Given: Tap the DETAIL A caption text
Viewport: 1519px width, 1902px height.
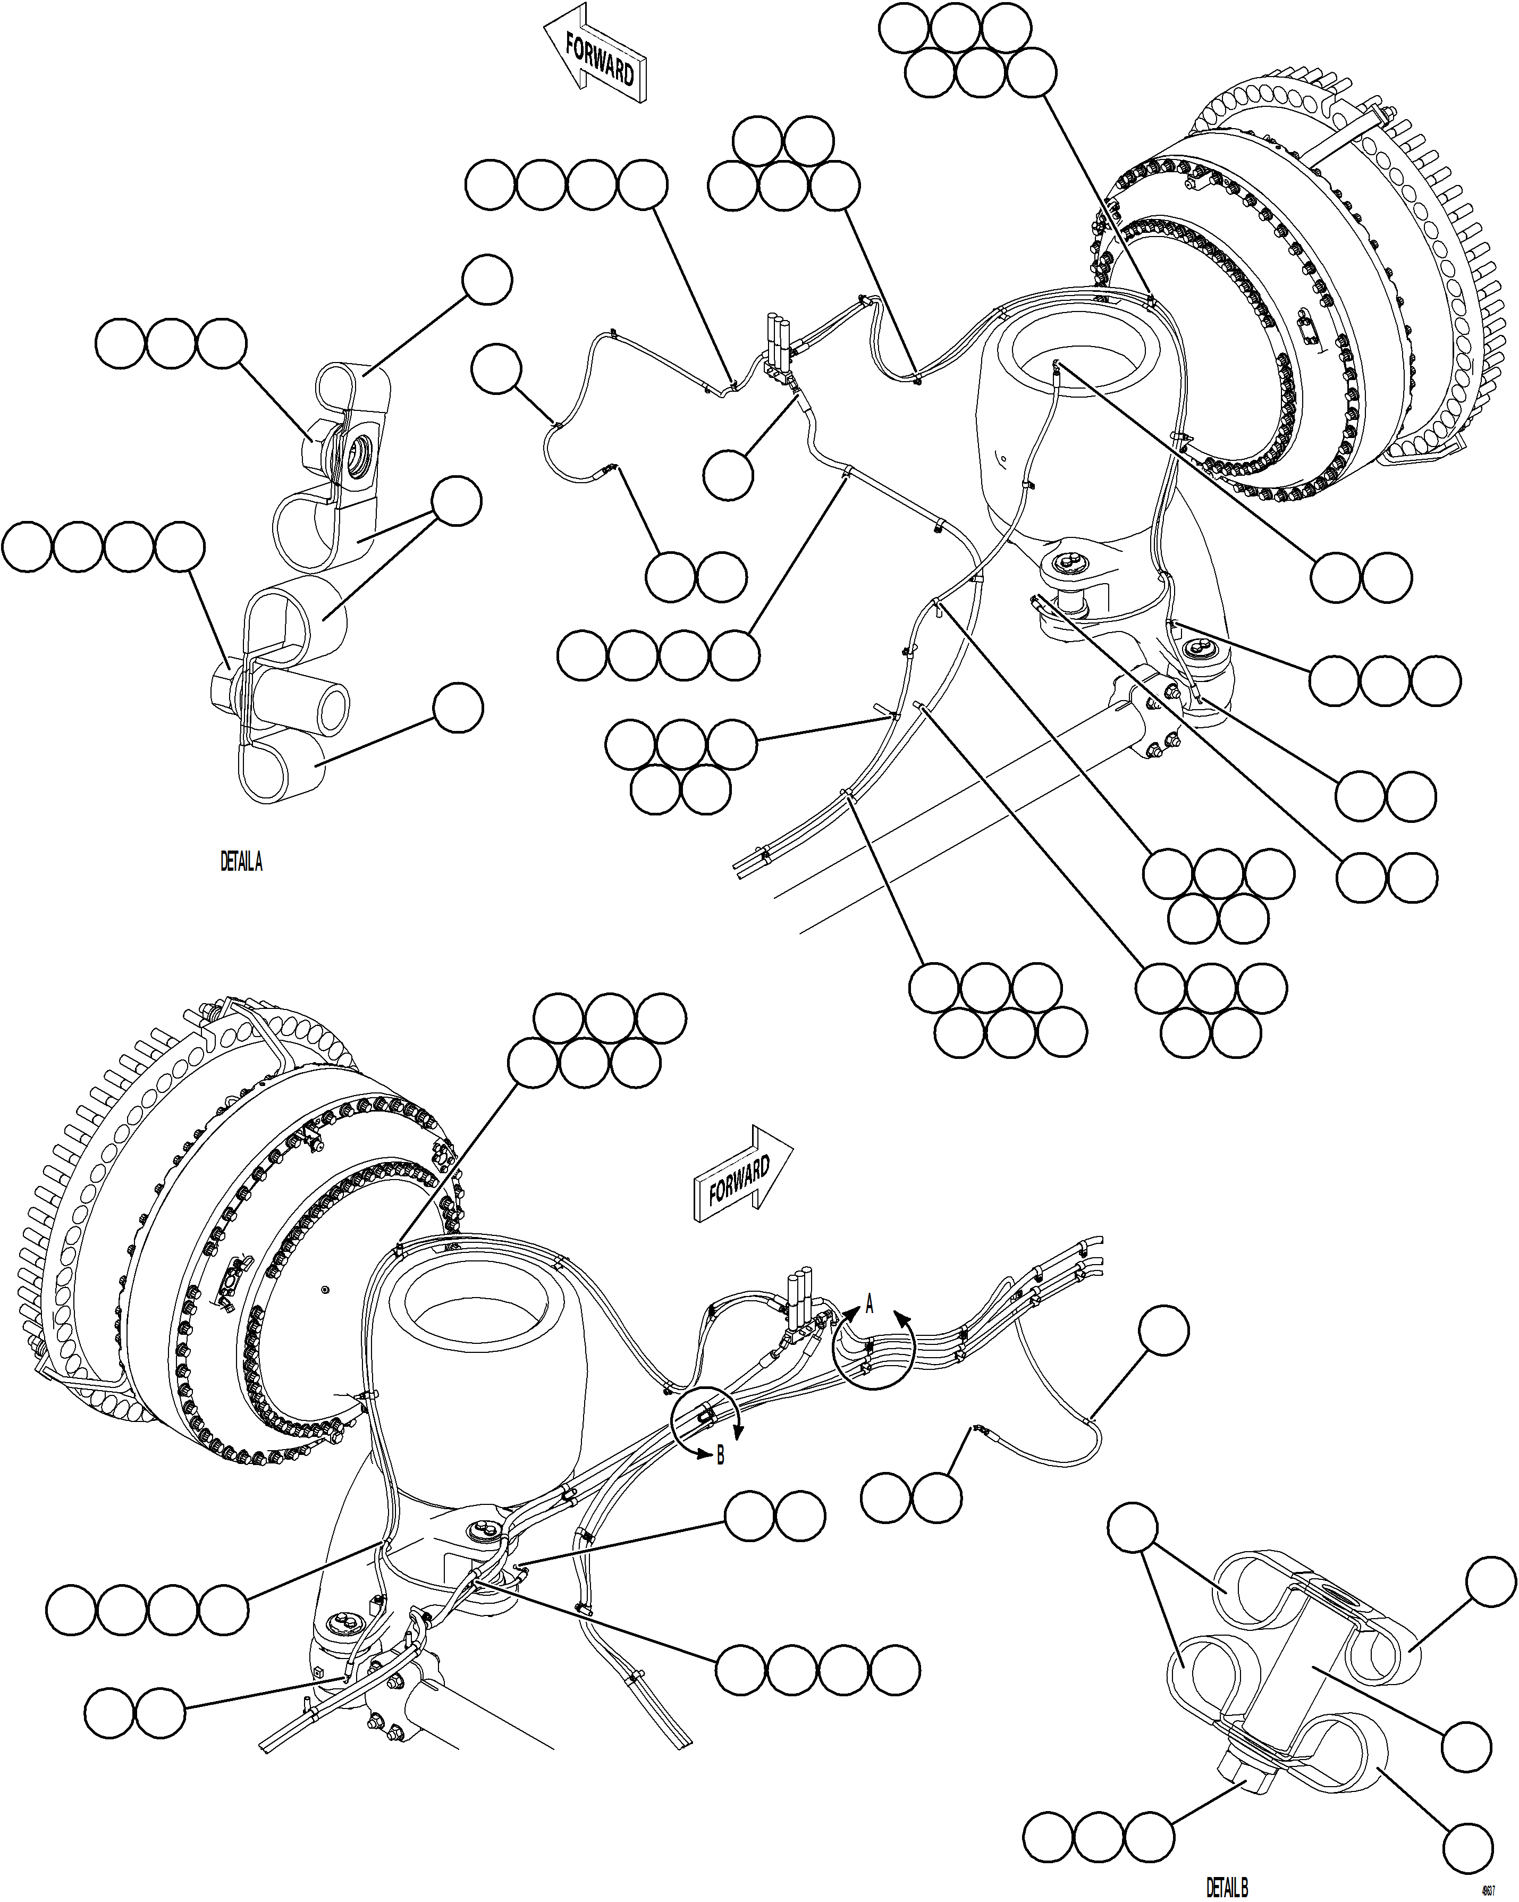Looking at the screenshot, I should click(241, 861).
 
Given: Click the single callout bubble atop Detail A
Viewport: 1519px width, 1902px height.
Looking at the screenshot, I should click(487, 281).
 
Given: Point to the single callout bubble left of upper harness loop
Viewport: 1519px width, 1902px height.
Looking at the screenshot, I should click(496, 369).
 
